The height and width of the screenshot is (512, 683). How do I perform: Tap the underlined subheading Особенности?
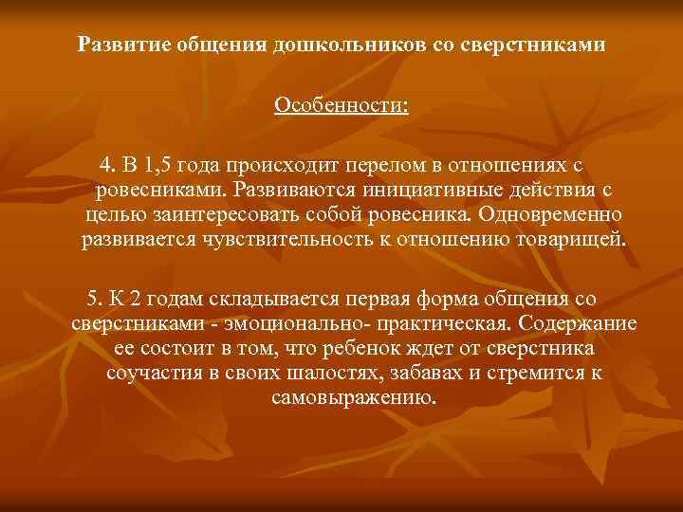click(341, 105)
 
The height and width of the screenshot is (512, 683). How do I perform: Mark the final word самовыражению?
click(354, 396)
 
